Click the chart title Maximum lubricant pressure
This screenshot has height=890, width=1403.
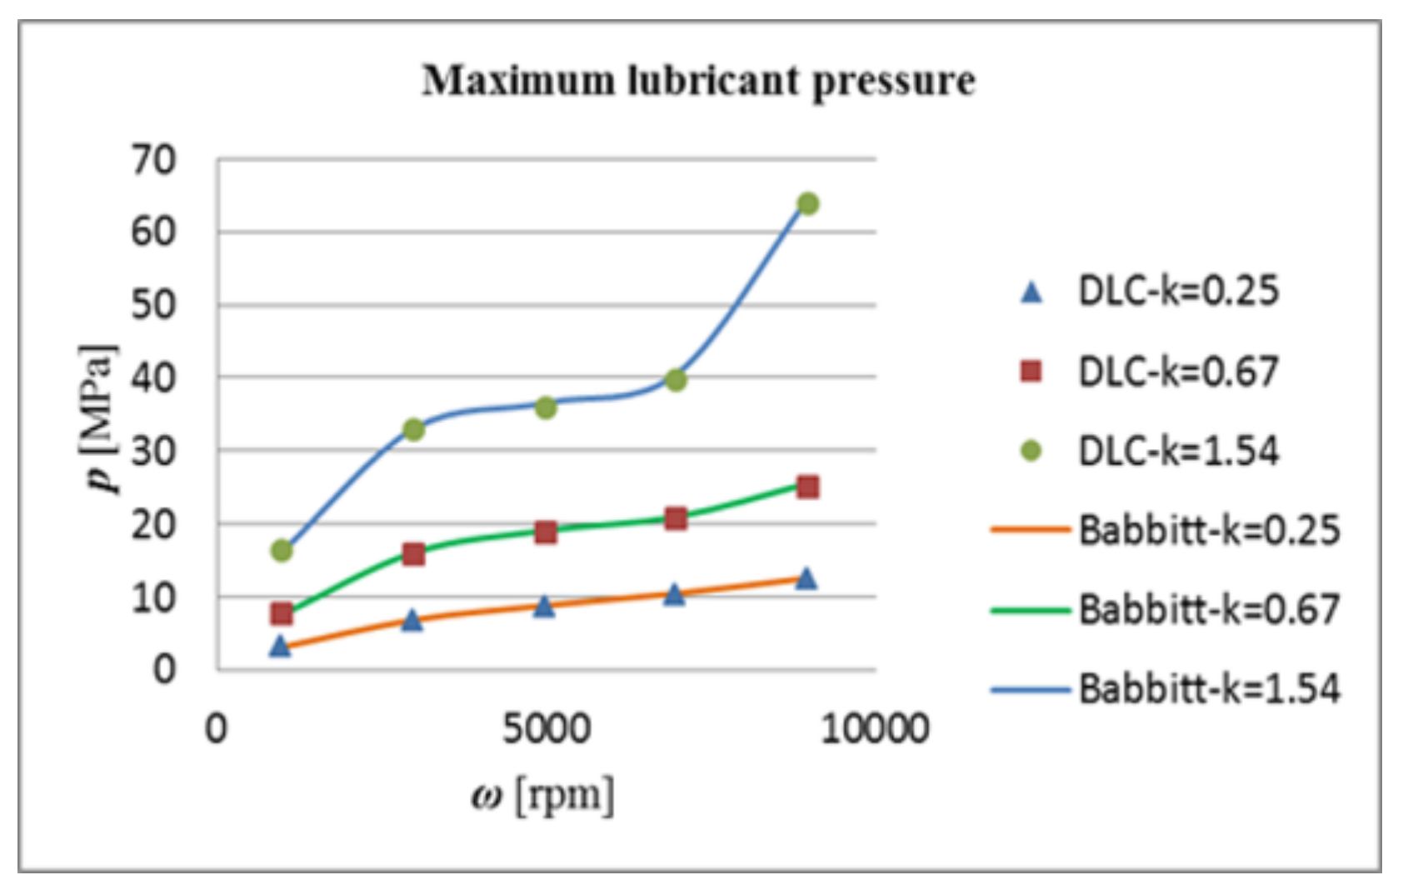click(698, 81)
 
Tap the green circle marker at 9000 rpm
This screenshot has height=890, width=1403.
click(807, 203)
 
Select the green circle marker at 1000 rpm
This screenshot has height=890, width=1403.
click(282, 550)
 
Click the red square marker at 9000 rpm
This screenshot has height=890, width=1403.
click(807, 487)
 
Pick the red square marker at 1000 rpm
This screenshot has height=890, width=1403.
click(282, 614)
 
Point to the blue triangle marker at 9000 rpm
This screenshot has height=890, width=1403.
click(806, 578)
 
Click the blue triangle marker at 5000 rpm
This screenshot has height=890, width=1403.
click(544, 606)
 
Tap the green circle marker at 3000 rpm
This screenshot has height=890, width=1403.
click(413, 430)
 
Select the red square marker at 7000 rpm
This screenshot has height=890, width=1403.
click(676, 518)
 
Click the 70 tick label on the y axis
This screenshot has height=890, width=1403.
click(154, 159)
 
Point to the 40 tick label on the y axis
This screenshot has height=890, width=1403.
click(154, 378)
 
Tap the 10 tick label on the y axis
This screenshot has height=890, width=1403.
click(154, 597)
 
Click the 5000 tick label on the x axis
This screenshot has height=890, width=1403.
click(547, 728)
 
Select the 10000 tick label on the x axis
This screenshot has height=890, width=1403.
click(875, 728)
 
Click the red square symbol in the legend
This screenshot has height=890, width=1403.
click(1031, 371)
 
